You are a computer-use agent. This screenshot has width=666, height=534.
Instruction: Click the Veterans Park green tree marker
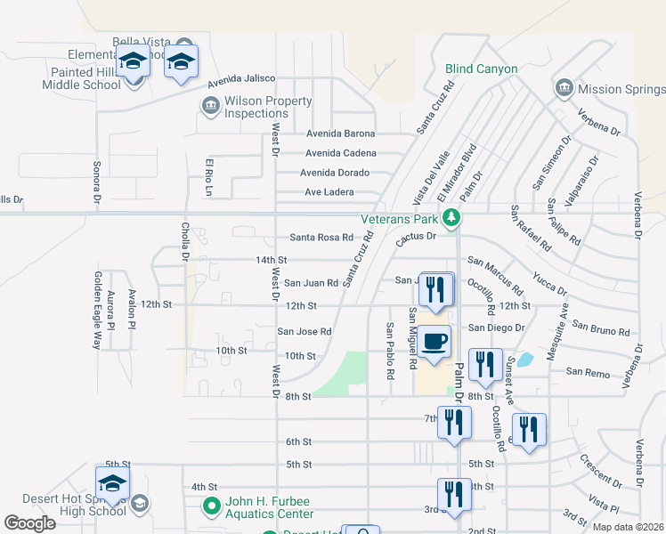tap(452, 217)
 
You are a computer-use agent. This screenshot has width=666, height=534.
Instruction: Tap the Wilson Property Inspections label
tap(256, 108)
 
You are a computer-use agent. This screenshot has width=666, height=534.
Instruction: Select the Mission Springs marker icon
tap(563, 89)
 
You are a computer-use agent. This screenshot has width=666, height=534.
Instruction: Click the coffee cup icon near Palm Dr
tap(435, 342)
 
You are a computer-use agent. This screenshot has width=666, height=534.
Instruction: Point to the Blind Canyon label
tap(481, 69)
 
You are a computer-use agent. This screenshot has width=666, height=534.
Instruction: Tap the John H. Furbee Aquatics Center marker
tap(211, 507)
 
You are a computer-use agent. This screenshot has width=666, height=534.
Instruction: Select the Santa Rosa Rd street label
tap(321, 238)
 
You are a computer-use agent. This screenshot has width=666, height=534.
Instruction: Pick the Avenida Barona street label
tap(340, 133)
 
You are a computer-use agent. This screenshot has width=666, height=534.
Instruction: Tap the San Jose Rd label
tap(305, 332)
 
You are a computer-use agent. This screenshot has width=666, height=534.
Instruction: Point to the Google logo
tap(29, 523)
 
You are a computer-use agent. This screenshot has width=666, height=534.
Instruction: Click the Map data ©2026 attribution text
tap(628, 527)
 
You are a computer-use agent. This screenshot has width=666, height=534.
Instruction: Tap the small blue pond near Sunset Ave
tap(525, 360)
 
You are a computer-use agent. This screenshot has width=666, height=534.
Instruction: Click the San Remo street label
tap(587, 371)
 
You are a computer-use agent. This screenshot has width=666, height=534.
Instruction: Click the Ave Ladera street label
tap(329, 192)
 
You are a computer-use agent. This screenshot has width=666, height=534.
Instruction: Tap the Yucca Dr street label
tap(550, 284)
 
